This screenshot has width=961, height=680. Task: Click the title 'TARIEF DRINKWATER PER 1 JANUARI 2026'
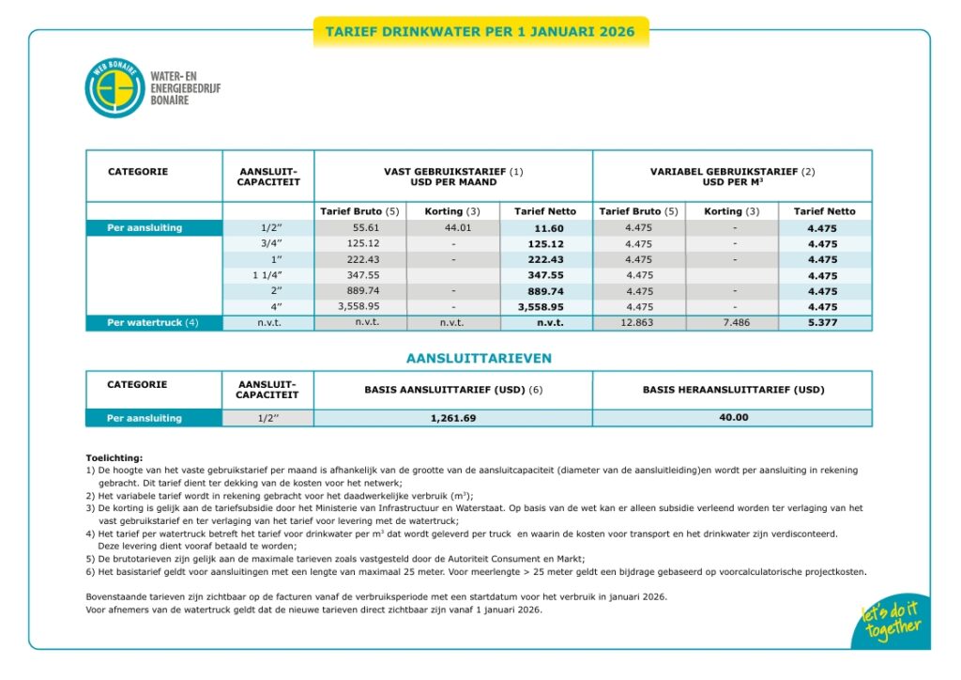(x=480, y=32)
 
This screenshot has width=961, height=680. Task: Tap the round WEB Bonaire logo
(x=114, y=88)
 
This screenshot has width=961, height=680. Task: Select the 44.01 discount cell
(x=452, y=227)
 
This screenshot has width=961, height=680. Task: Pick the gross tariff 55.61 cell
(x=361, y=227)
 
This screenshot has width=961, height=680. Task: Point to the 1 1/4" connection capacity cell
(x=267, y=275)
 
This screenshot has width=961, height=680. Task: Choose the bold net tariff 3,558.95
(x=545, y=307)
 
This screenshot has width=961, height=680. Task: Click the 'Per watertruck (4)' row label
(x=153, y=323)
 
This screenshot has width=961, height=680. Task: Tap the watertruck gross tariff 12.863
(x=638, y=323)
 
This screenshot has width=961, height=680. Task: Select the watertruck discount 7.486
(x=732, y=323)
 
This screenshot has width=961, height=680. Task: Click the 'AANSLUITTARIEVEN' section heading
(x=479, y=359)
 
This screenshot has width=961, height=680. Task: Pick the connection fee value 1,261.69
(x=453, y=418)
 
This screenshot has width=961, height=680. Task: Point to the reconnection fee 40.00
(x=733, y=418)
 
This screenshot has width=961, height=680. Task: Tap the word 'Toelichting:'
(x=114, y=457)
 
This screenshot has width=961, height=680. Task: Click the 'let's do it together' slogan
(x=892, y=623)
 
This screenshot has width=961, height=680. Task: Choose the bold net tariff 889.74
(x=545, y=291)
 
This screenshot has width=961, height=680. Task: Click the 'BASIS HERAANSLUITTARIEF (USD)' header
(x=732, y=389)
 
